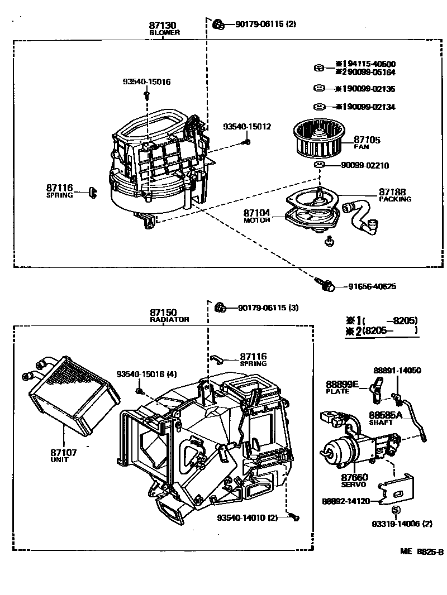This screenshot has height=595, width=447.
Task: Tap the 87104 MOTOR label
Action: [256, 215]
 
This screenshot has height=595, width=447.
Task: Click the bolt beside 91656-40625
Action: [326, 285]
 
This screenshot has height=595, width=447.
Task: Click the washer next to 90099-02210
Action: [319, 165]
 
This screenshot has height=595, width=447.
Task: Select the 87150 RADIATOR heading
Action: [169, 316]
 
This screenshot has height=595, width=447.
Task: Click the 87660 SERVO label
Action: [354, 481]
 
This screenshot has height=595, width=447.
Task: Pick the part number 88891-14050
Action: [397, 370]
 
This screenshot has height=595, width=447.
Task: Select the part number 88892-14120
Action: [346, 501]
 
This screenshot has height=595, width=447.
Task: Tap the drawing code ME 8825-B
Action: [421, 552]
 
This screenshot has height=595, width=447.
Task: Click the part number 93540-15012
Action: [247, 127]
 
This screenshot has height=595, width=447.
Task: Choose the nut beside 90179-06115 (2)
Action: [218, 24]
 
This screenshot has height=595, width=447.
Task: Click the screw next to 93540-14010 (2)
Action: [294, 517]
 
